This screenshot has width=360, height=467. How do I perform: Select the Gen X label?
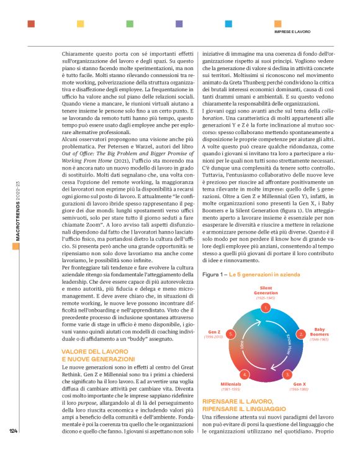300,385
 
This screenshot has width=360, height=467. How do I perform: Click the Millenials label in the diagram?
230,385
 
